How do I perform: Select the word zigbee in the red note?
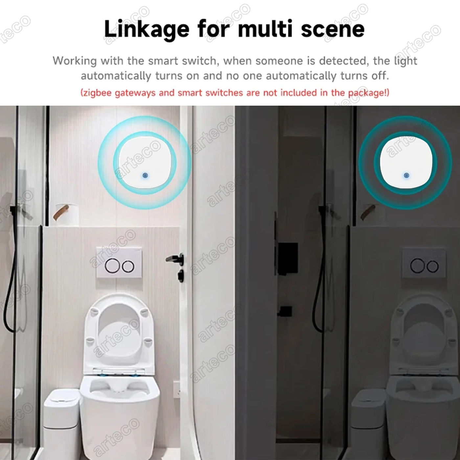[98, 93]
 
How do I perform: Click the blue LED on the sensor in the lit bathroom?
[145, 175]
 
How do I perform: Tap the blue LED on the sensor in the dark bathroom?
[406, 175]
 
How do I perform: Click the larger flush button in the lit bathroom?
[112, 266]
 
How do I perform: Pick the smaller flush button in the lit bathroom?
[128, 267]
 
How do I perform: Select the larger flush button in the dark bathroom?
[417, 265]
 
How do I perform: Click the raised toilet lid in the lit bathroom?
[119, 332]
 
